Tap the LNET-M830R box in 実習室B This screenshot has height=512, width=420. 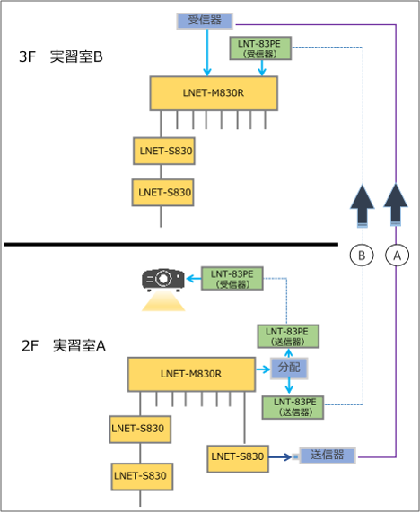click(214, 92)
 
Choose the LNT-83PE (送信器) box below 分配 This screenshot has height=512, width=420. click(293, 407)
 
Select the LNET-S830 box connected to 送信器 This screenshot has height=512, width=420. click(238, 456)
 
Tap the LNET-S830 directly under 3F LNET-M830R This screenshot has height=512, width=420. click(163, 150)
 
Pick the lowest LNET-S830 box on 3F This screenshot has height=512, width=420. click(163, 191)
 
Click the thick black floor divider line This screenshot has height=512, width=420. click(171, 244)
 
